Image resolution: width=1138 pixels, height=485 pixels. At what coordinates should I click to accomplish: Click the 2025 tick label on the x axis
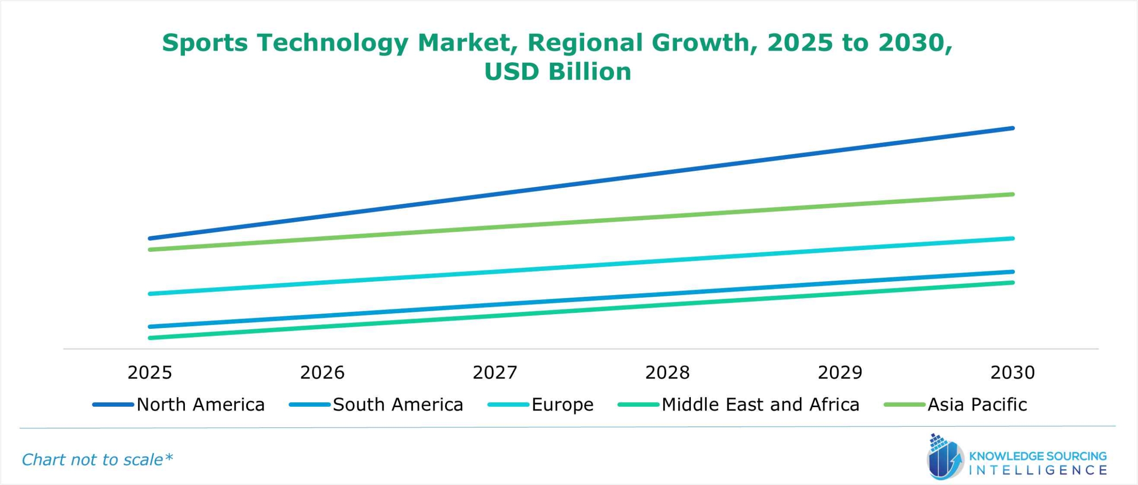point(149,372)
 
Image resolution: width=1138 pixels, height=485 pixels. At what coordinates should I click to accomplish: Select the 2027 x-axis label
point(495,372)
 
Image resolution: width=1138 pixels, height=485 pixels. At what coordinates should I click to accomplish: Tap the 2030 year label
point(1013,372)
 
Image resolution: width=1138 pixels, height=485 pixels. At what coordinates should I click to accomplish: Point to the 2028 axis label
point(667,372)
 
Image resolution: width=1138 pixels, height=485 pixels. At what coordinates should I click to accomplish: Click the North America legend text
point(200,404)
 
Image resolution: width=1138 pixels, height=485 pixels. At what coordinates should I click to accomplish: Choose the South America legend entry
point(398,404)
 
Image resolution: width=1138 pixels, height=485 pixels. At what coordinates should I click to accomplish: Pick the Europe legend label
point(562,404)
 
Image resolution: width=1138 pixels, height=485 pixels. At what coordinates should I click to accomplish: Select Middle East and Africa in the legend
point(760,404)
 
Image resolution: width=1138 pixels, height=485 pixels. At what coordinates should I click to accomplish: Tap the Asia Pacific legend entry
point(977,404)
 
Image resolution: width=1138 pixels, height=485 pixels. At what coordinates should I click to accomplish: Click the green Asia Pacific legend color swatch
point(905,404)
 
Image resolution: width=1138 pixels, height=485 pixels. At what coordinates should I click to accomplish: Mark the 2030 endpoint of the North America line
point(1013,128)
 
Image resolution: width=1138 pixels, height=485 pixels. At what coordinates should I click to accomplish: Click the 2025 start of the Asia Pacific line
point(150,250)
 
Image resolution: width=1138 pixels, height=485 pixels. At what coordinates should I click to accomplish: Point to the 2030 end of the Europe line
point(1013,238)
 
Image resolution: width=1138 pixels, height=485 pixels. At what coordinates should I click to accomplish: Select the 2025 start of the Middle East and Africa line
point(150,338)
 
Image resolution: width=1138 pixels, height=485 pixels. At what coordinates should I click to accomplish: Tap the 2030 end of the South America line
point(1013,271)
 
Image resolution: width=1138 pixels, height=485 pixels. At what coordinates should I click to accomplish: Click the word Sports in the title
point(204,43)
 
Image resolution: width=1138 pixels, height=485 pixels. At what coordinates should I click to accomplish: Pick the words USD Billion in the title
point(557,72)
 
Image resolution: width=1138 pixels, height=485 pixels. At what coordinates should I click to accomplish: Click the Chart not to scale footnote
point(97,460)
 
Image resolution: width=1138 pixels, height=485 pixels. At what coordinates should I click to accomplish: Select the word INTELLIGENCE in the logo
point(1038,470)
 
